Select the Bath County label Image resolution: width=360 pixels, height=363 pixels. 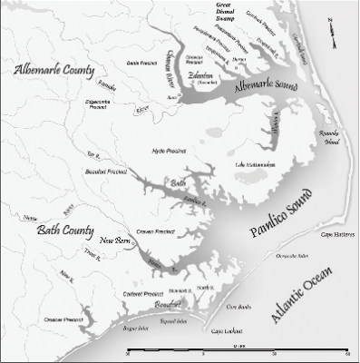(53, 234)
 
